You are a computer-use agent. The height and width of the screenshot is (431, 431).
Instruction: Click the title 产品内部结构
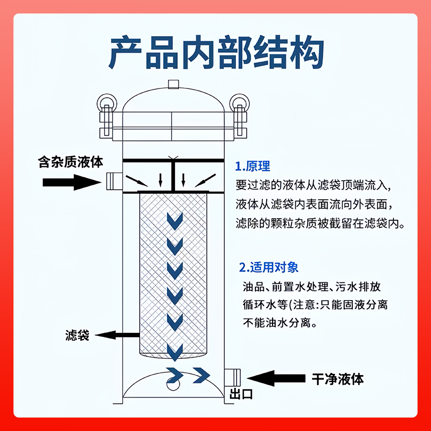pyautogui.click(x=215, y=52)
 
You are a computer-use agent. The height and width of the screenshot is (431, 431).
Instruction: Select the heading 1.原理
pyautogui.click(x=253, y=166)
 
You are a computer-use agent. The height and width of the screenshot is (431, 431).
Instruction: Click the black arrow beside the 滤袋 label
pyautogui.click(x=116, y=335)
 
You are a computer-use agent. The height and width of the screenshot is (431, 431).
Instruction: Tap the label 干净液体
pyautogui.click(x=338, y=378)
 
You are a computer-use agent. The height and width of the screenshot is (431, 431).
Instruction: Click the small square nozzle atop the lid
pyautogui.click(x=173, y=84)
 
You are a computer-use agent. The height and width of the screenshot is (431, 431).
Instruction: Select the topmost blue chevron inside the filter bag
pyautogui.click(x=174, y=219)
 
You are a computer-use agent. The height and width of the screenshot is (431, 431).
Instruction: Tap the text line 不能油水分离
pyautogui.click(x=280, y=323)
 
